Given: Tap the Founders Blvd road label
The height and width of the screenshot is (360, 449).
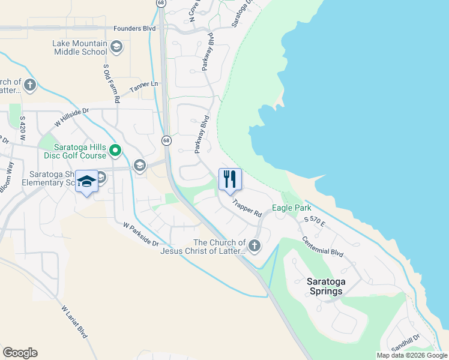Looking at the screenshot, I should (x=135, y=28).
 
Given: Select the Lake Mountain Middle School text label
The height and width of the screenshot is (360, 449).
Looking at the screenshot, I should (x=80, y=47).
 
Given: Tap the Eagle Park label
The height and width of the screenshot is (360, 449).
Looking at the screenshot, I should (x=291, y=208).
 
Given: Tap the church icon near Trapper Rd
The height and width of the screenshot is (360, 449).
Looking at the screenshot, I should (x=255, y=245).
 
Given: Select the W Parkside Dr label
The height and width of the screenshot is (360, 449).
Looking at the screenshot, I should (x=140, y=235).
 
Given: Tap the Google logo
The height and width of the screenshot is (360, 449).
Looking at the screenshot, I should (x=20, y=353).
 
